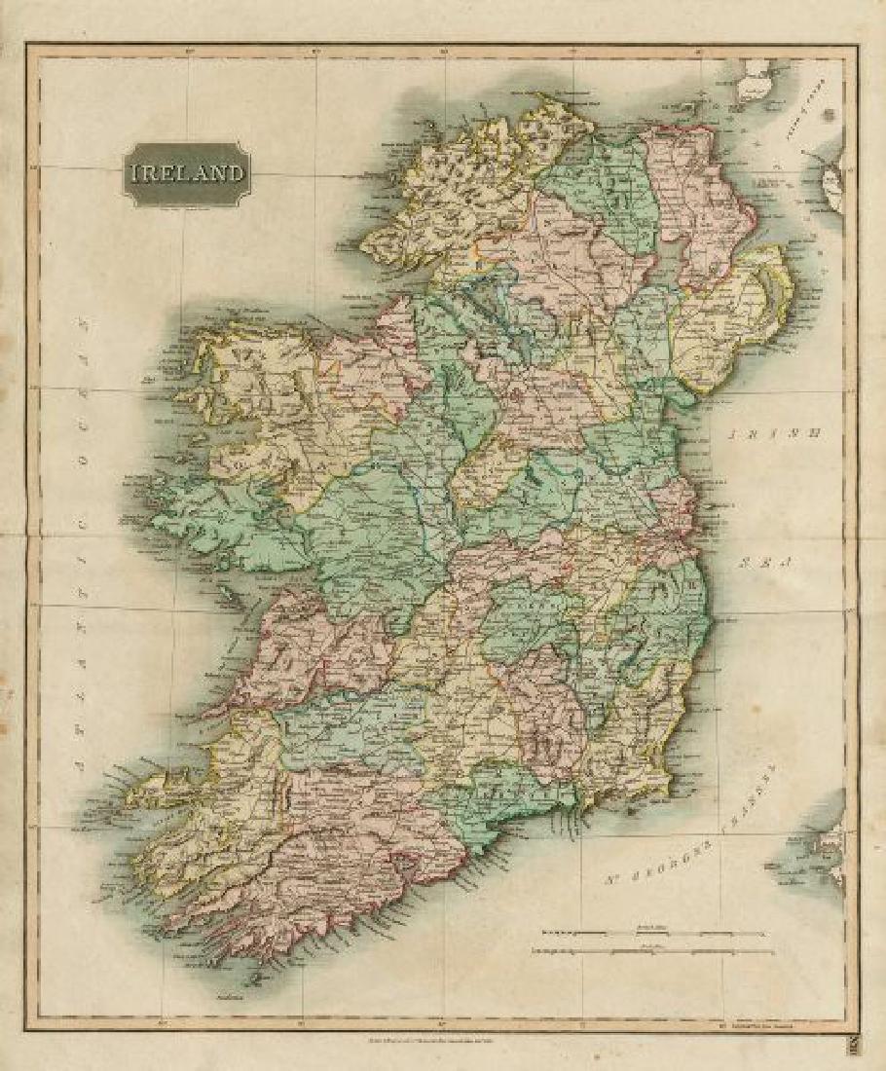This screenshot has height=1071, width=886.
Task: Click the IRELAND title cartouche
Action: pyautogui.click(x=186, y=174)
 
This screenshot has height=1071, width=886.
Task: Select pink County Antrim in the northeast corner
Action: pyautogui.click(x=706, y=195)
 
